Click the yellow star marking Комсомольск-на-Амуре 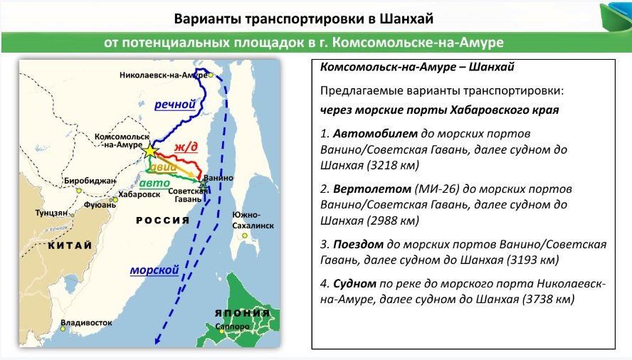[149, 151]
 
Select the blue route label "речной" [175, 105]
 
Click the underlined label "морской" [154, 270]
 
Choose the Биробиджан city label [89, 181]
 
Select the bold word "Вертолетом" [369, 190]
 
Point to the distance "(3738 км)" [547, 299]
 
